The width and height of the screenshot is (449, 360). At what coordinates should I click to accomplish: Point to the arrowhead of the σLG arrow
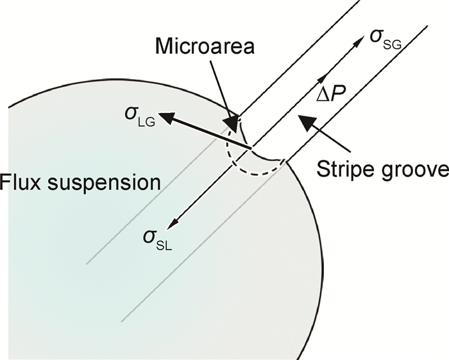click(165, 117)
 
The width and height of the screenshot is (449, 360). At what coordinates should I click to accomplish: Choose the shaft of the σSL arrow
click(212, 188)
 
